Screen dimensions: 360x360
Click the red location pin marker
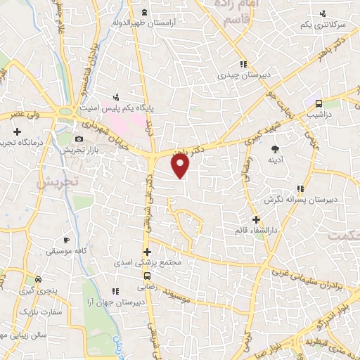pos(181,166)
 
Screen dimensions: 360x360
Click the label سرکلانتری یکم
pos(324,25)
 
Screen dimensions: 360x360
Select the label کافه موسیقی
pos(65,251)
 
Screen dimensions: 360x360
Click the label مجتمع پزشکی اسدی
pos(147,263)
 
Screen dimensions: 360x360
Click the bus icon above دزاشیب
pos(319,101)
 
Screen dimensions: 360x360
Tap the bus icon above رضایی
pos(148,276)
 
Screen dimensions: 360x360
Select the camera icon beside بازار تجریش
pos(79,139)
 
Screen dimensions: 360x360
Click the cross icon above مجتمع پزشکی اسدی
pos(147,252)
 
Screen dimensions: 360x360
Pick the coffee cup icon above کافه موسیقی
pos(66,240)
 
